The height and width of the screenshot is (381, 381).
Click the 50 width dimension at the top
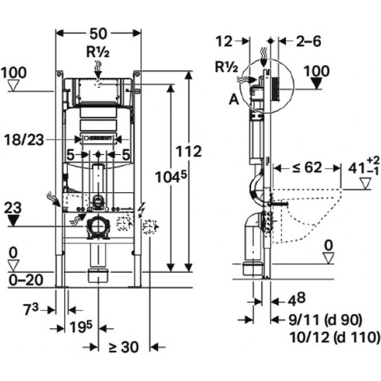click(98, 34)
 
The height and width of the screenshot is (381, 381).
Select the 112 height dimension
click(189, 151)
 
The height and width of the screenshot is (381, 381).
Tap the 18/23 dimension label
click(24, 140)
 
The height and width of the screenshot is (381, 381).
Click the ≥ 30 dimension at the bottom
click(124, 347)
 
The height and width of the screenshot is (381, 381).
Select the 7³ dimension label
click(31, 309)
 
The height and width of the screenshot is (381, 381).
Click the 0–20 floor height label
click(26, 280)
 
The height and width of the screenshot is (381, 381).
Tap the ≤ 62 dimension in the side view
click(307, 168)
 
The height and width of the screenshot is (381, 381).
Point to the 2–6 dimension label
click(308, 41)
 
